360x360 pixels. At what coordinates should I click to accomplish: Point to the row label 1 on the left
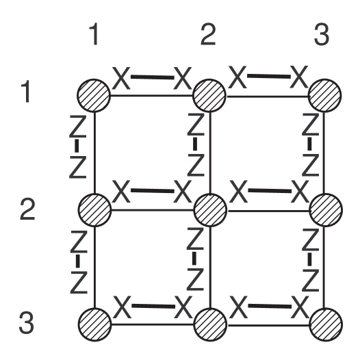[26, 92]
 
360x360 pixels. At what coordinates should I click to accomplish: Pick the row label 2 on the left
[27, 209]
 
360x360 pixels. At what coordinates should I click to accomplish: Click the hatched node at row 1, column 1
[94, 94]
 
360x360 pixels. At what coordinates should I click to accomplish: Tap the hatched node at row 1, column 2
[209, 94]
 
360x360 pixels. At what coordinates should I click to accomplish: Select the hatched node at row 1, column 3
[324, 94]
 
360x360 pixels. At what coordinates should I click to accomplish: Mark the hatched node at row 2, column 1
[94, 208]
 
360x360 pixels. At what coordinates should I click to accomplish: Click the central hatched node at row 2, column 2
[209, 208]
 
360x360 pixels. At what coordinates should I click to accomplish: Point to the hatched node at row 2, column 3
[324, 208]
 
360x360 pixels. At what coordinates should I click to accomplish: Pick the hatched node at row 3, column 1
[94, 322]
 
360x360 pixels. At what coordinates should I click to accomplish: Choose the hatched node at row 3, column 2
[209, 322]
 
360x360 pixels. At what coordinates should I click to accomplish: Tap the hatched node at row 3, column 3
[324, 322]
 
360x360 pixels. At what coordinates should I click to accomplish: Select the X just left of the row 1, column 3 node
[296, 78]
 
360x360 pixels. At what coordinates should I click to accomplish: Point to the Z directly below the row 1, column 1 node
[79, 125]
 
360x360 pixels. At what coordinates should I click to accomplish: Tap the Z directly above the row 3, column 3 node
[310, 281]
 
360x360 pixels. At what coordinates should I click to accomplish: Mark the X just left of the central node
[181, 192]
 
